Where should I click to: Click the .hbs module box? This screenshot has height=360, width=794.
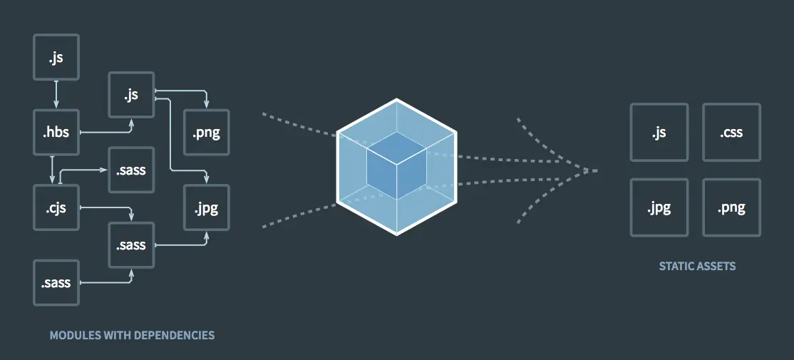pyautogui.click(x=56, y=132)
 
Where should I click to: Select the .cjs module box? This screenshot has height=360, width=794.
pyautogui.click(x=56, y=207)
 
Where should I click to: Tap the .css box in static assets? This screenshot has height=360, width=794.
pyautogui.click(x=731, y=133)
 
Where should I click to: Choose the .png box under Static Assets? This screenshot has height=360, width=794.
pyautogui.click(x=731, y=207)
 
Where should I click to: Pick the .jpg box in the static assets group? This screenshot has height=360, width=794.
pyautogui.click(x=659, y=207)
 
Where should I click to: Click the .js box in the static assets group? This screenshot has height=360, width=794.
pyautogui.click(x=659, y=133)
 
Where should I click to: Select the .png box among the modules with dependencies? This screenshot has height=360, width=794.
pyautogui.click(x=207, y=133)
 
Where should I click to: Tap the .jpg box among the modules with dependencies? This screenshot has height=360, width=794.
pyautogui.click(x=207, y=207)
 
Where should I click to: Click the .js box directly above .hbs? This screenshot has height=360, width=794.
pyautogui.click(x=56, y=57)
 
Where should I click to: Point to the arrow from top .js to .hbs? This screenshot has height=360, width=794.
pyautogui.click(x=56, y=94)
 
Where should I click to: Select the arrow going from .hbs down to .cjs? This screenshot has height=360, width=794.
pyautogui.click(x=52, y=170)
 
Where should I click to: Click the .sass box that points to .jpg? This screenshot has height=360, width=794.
pyautogui.click(x=131, y=245)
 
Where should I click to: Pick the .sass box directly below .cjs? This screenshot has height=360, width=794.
pyautogui.click(x=56, y=282)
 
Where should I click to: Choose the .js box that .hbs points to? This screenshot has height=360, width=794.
pyautogui.click(x=131, y=94)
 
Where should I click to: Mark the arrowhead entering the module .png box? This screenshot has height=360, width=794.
pyautogui.click(x=206, y=106)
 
